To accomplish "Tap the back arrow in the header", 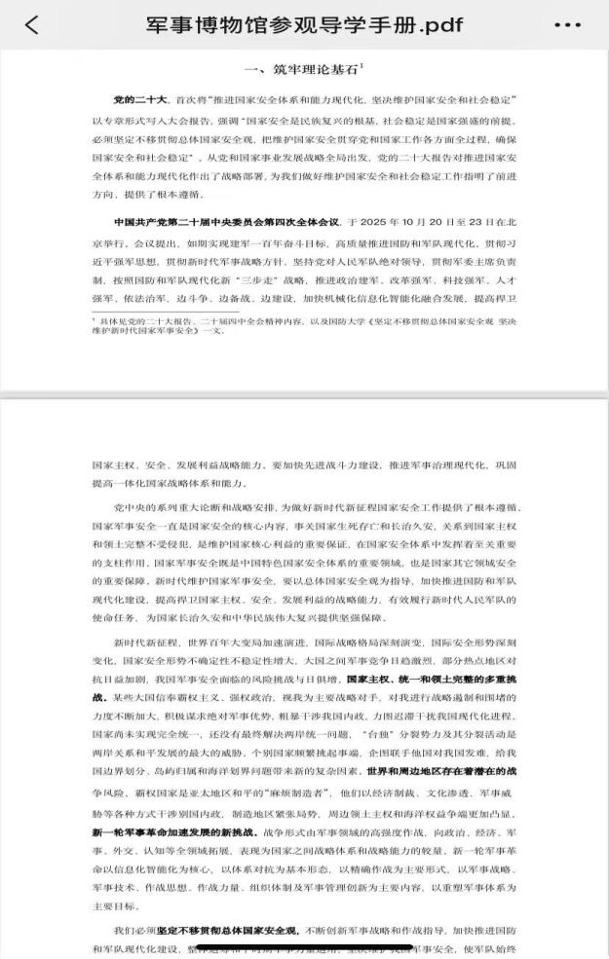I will point(32,24).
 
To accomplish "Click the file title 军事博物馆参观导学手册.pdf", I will point(304,24).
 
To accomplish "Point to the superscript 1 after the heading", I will point(362,64).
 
